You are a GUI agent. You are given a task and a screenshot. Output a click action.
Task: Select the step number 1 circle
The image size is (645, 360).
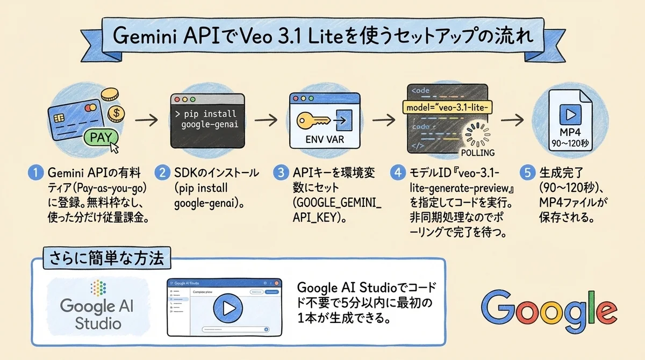[x=35, y=174]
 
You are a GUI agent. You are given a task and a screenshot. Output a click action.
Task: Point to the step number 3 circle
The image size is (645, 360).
[x=280, y=174]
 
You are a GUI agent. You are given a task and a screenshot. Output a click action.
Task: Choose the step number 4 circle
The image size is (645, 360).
[x=398, y=174]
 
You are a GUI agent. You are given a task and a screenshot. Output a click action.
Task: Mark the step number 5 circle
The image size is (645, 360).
[x=527, y=174]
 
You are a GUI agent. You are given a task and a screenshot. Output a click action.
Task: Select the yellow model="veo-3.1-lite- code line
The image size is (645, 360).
[x=447, y=107]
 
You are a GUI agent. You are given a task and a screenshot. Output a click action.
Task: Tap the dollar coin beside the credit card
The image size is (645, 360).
[x=114, y=114]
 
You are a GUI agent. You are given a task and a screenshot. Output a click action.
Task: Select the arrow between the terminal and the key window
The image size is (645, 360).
[x=267, y=119]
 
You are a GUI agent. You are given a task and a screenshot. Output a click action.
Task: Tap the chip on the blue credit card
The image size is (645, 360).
[x=58, y=116]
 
